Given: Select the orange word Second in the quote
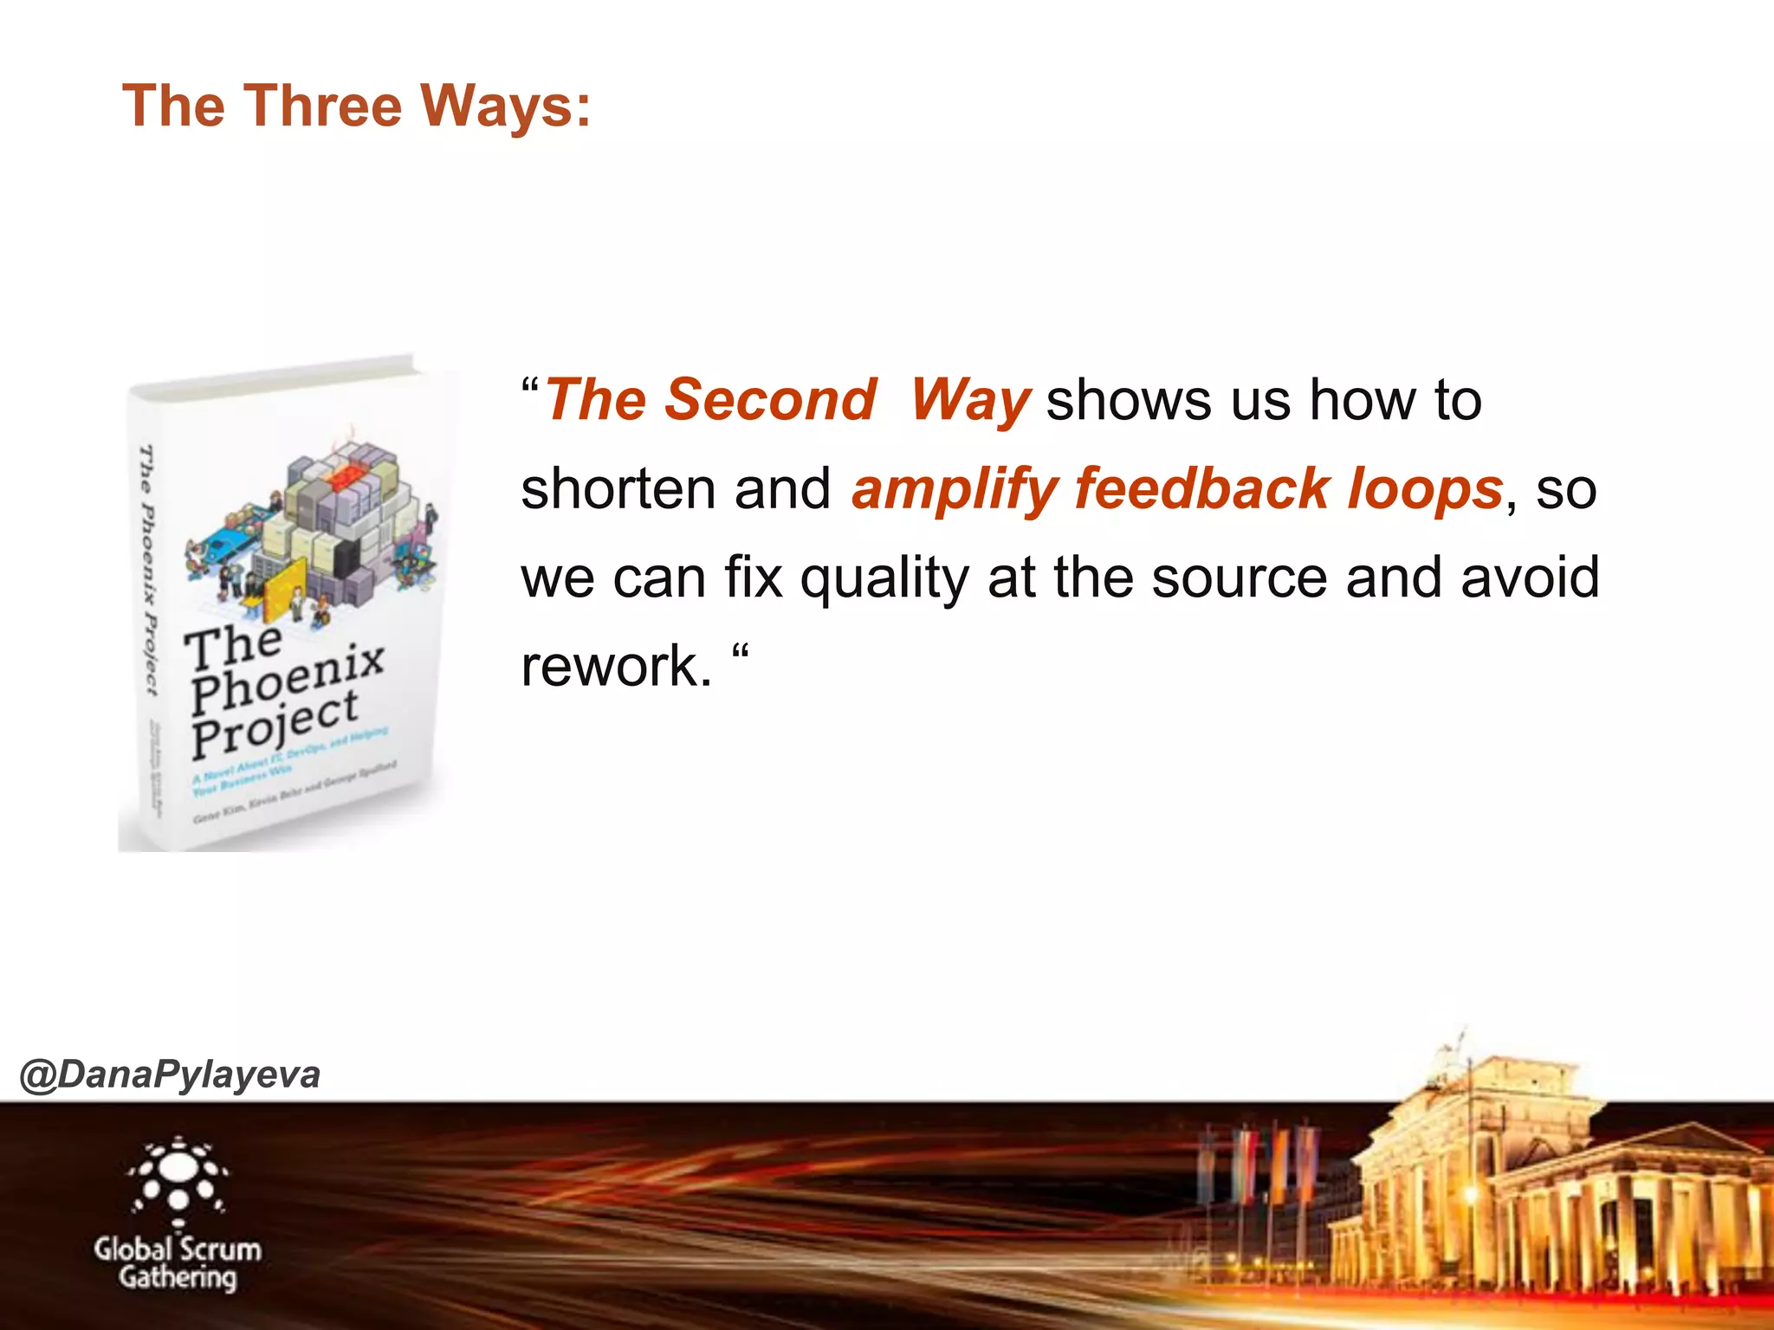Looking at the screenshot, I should (x=770, y=400).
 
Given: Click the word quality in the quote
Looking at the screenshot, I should (x=884, y=578).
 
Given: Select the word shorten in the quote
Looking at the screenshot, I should (x=618, y=489).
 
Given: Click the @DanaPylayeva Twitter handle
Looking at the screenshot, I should (x=170, y=1075).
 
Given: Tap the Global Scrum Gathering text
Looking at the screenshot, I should (x=178, y=1263).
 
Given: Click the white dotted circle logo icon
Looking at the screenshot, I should (x=178, y=1175).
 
